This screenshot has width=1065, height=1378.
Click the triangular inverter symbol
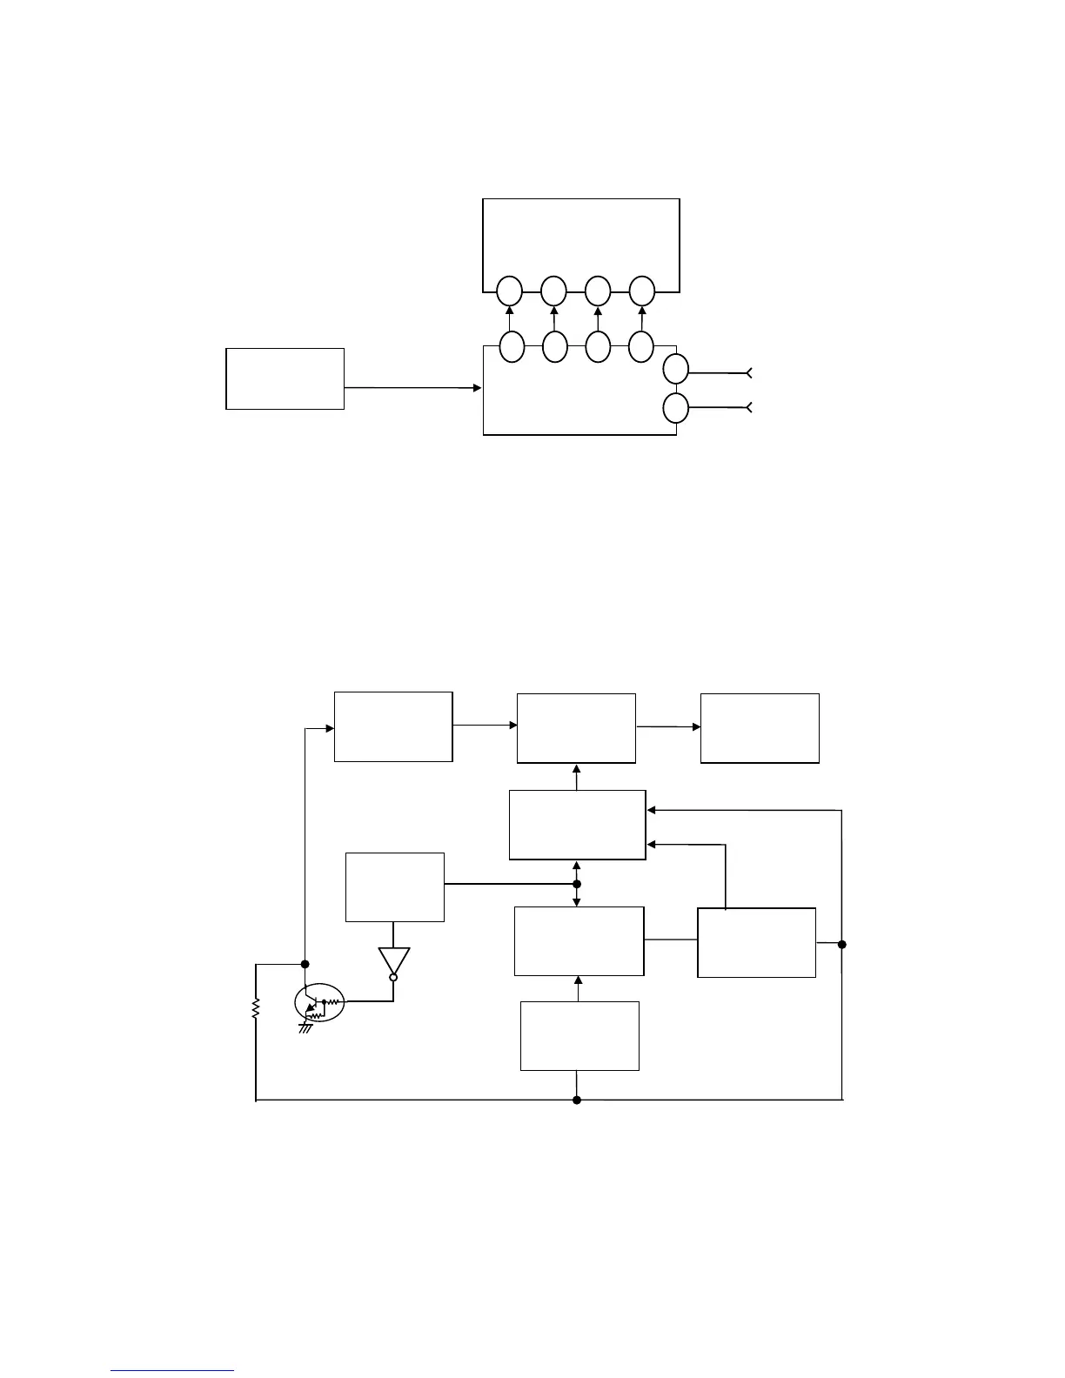(x=393, y=960)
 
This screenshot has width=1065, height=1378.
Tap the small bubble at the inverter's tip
(x=393, y=978)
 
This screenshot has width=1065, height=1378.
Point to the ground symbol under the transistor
(x=305, y=1028)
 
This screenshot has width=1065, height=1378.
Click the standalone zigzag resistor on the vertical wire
(x=256, y=1009)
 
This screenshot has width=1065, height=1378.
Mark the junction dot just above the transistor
(x=305, y=964)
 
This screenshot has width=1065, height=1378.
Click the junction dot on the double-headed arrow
(x=577, y=884)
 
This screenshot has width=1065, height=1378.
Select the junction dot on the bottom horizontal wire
(x=577, y=1100)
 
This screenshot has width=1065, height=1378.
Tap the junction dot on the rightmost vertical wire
(x=842, y=944)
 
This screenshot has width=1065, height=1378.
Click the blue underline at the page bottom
(x=172, y=1370)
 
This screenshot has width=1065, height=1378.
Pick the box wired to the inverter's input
(x=395, y=886)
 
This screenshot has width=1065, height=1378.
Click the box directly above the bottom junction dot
(x=579, y=1035)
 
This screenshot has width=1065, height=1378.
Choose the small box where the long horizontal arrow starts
(x=285, y=378)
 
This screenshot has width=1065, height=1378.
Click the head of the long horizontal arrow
(x=477, y=388)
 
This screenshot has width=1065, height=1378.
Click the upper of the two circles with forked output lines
(x=675, y=369)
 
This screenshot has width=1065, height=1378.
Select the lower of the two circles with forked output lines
(x=675, y=407)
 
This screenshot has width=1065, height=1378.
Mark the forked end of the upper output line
(x=749, y=373)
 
